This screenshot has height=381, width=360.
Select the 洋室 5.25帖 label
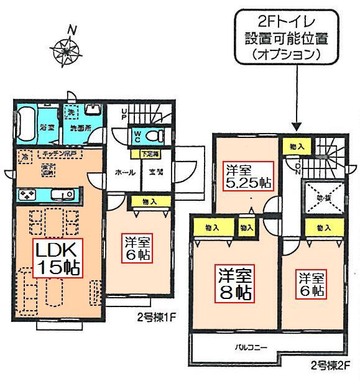click(x=247, y=176)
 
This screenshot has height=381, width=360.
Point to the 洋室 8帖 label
click(x=234, y=283)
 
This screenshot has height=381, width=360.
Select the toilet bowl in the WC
click(x=157, y=135)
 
